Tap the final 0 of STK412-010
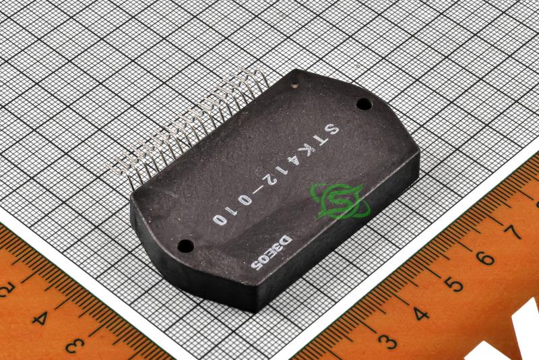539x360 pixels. click(x=220, y=219)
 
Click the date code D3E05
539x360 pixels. click(x=272, y=253)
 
